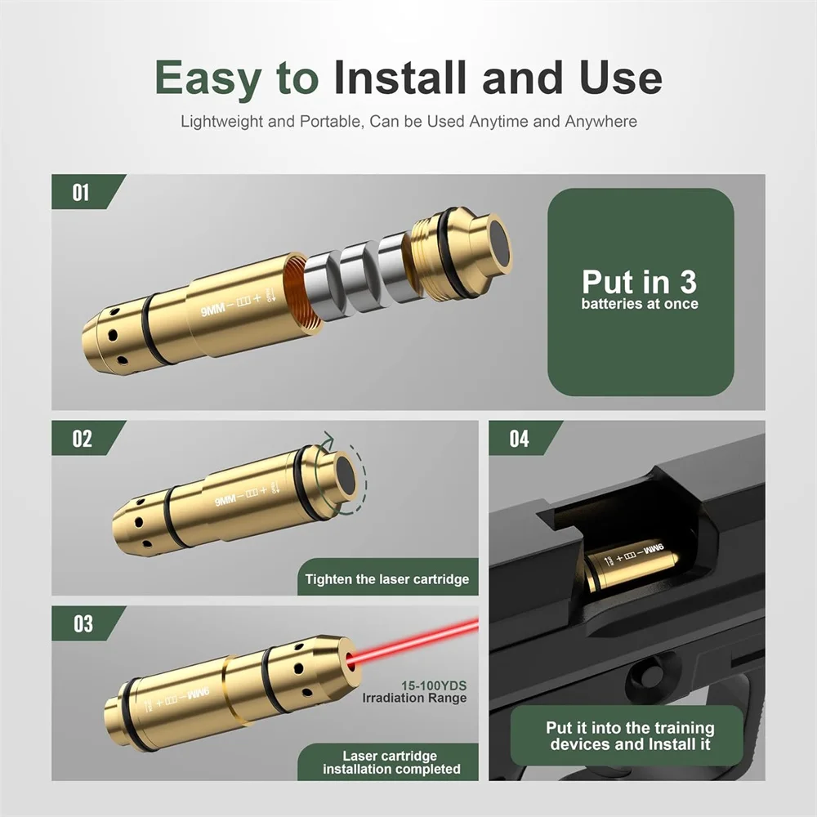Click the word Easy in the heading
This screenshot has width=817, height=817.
(208, 78)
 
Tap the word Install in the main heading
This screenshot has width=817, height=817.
(400, 77)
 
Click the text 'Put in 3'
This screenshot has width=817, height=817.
(640, 282)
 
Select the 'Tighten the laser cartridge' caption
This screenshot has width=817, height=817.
(387, 579)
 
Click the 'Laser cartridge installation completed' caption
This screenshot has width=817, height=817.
(391, 762)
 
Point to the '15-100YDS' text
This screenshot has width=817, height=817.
(434, 685)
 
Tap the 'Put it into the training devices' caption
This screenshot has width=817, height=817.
(630, 736)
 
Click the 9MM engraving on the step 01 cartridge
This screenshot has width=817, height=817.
(212, 310)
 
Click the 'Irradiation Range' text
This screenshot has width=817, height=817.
(415, 699)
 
